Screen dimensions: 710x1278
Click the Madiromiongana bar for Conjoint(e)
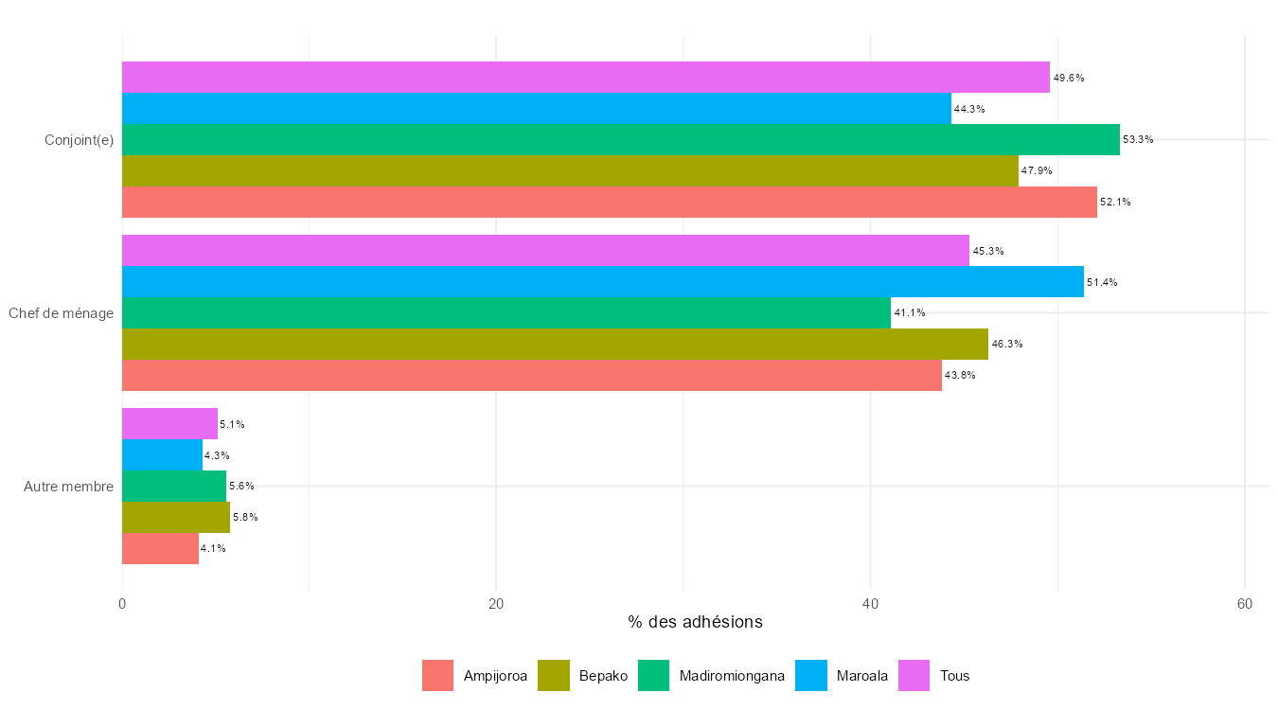[620, 139]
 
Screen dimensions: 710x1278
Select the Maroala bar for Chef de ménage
[602, 282]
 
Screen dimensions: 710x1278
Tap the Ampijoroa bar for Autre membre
[160, 548]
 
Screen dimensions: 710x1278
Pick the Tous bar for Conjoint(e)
[585, 78]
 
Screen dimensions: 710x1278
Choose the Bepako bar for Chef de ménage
[555, 344]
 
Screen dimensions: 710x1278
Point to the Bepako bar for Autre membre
[176, 517]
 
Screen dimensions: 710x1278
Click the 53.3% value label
[1138, 139]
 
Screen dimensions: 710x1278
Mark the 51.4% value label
[1102, 282]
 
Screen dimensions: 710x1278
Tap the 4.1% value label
[213, 548]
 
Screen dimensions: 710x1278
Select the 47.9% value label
[1037, 170]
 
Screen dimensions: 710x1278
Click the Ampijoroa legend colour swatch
[438, 676]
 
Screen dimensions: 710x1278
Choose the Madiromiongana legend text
[732, 676]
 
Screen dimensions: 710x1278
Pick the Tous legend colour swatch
[914, 676]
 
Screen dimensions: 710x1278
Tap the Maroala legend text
[862, 676]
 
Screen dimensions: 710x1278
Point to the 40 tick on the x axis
[870, 605]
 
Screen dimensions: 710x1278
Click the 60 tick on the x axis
[1245, 605]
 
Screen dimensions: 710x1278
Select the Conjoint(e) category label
[80, 140]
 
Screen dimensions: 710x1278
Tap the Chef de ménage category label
[62, 313]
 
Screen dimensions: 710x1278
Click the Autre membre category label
[69, 487]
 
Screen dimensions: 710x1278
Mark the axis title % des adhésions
[695, 622]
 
